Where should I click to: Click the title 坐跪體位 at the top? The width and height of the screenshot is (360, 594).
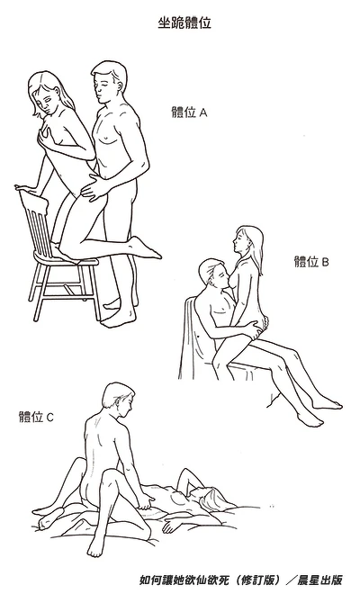click(184, 23)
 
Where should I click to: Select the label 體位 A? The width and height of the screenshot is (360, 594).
click(190, 112)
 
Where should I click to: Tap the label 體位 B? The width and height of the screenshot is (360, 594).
click(311, 262)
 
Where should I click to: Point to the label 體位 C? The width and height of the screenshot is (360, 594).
click(36, 417)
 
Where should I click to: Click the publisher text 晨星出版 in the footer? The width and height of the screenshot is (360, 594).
click(320, 580)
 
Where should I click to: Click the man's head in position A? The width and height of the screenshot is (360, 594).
click(109, 82)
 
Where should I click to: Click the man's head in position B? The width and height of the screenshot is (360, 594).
click(213, 274)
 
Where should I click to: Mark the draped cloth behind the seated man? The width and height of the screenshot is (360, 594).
click(193, 341)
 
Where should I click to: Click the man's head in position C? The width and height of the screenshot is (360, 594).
click(118, 400)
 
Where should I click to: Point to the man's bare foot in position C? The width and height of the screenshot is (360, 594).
click(95, 546)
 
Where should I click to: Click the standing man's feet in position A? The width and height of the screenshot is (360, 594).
click(118, 313)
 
